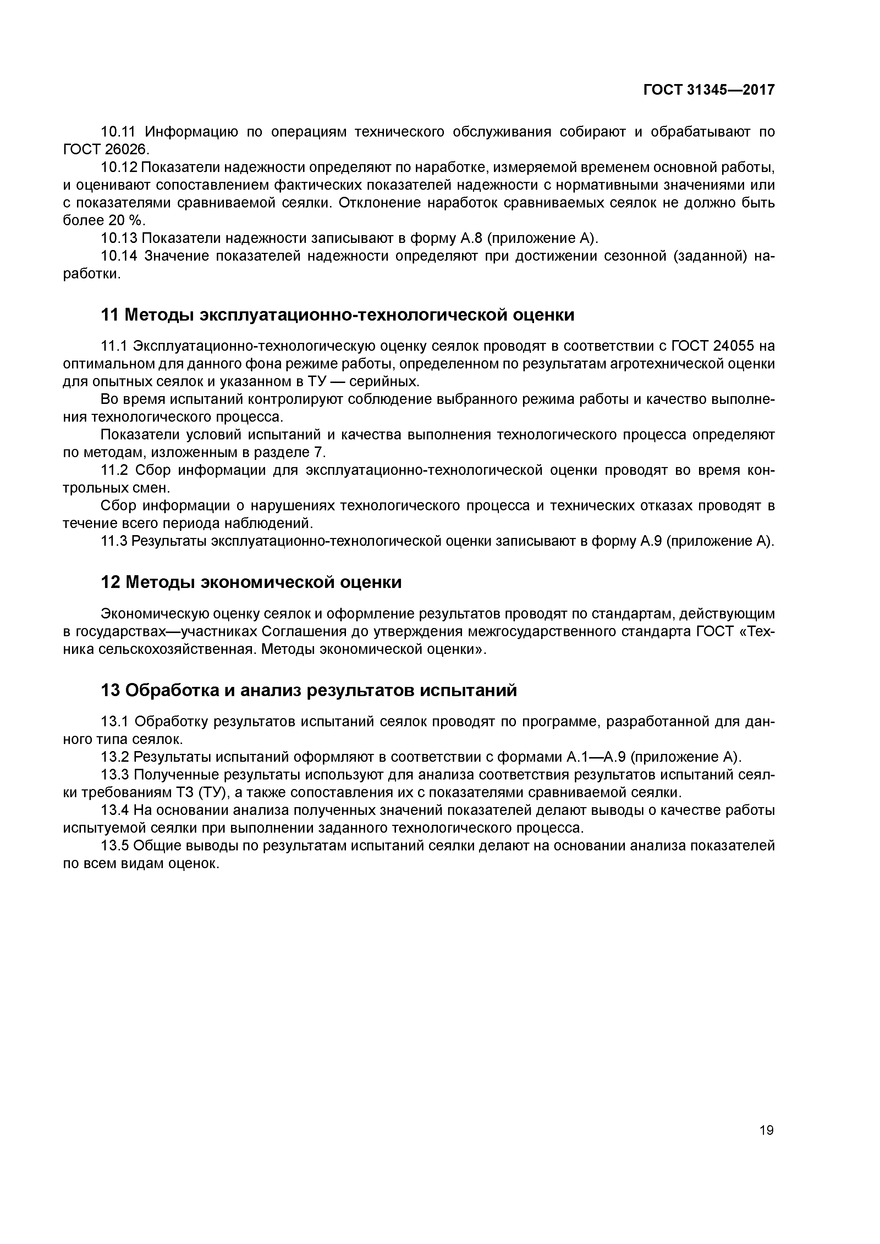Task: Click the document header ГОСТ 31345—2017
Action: (x=709, y=90)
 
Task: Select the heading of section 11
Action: (x=338, y=315)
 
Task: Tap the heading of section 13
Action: (x=309, y=690)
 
